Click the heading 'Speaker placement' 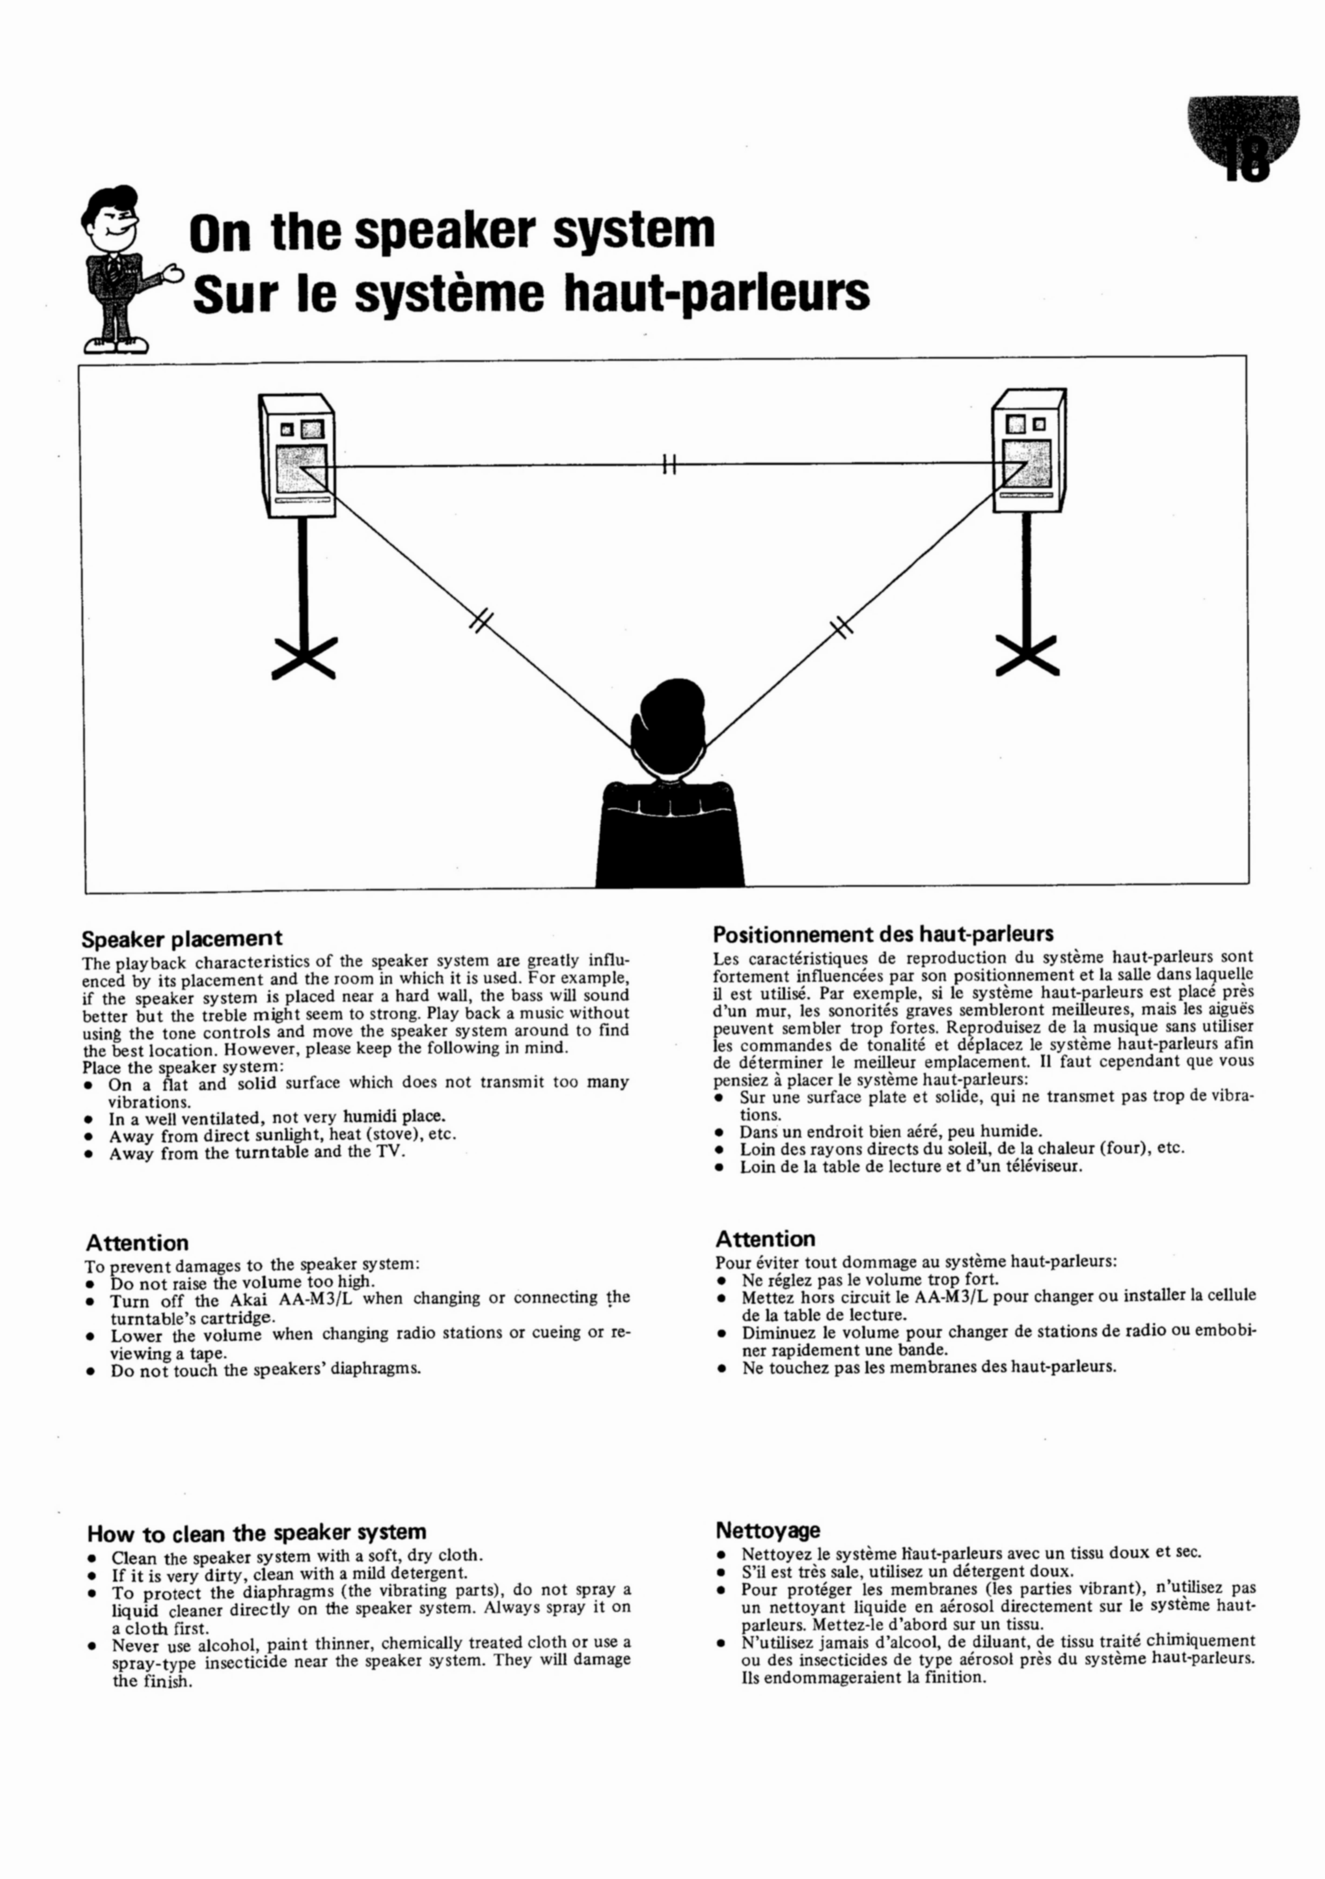pyautogui.click(x=182, y=938)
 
